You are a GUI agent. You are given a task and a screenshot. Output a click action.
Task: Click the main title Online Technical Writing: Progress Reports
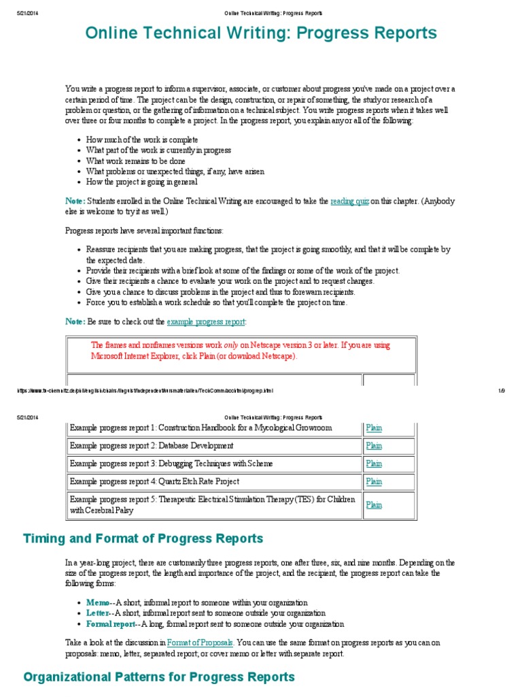coord(261,33)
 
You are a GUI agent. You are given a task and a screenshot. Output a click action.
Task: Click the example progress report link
coord(205,321)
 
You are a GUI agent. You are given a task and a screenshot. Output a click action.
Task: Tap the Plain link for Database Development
coord(374,446)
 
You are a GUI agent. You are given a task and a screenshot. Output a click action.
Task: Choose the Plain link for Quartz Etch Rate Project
coord(374,481)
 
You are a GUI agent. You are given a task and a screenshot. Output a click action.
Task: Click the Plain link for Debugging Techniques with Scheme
coord(374,464)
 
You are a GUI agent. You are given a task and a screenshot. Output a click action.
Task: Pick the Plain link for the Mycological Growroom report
coord(374,428)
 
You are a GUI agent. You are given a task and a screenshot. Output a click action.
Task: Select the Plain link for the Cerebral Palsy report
coord(374,505)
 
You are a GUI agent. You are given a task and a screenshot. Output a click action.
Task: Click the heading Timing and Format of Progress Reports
coord(143,538)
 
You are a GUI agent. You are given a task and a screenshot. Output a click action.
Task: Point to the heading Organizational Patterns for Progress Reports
coord(159,677)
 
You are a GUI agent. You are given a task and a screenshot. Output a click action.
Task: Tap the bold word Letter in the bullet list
coord(97,613)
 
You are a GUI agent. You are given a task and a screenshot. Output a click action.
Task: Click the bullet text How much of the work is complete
coord(142,140)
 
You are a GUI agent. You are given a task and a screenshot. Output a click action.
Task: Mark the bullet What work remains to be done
coord(135,161)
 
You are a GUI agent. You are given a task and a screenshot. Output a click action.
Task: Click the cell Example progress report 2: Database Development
coord(152,446)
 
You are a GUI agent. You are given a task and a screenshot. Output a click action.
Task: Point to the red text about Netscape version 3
coord(241,350)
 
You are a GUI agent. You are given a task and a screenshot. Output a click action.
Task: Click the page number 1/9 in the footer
coord(502,391)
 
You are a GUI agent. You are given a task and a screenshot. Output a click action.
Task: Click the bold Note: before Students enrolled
coord(75,201)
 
